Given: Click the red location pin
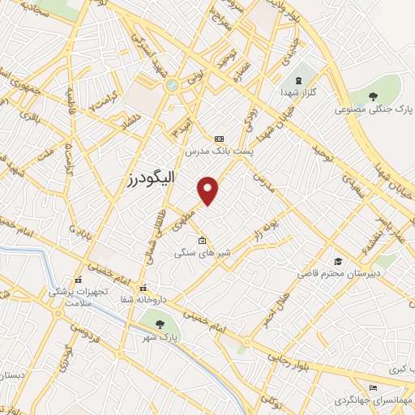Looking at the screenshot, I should pos(209,190).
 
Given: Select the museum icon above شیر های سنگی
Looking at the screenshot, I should pos(201,241).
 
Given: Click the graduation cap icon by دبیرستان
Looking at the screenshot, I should pos(338,261).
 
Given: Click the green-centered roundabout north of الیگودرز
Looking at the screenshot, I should pos(172,84).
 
